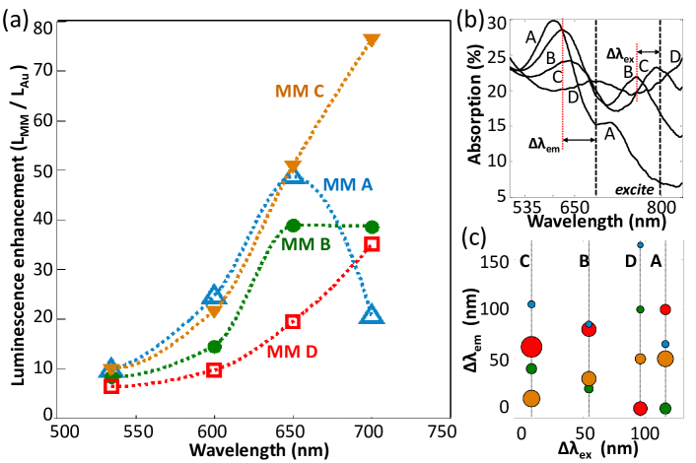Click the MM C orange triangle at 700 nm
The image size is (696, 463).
372,40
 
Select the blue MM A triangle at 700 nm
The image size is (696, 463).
372,314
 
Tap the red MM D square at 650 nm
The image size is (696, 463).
293,321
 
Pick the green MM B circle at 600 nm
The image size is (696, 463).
215,346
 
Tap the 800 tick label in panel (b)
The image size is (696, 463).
661,208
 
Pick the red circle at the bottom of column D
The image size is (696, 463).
641,408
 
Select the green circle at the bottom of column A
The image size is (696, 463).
665,408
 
